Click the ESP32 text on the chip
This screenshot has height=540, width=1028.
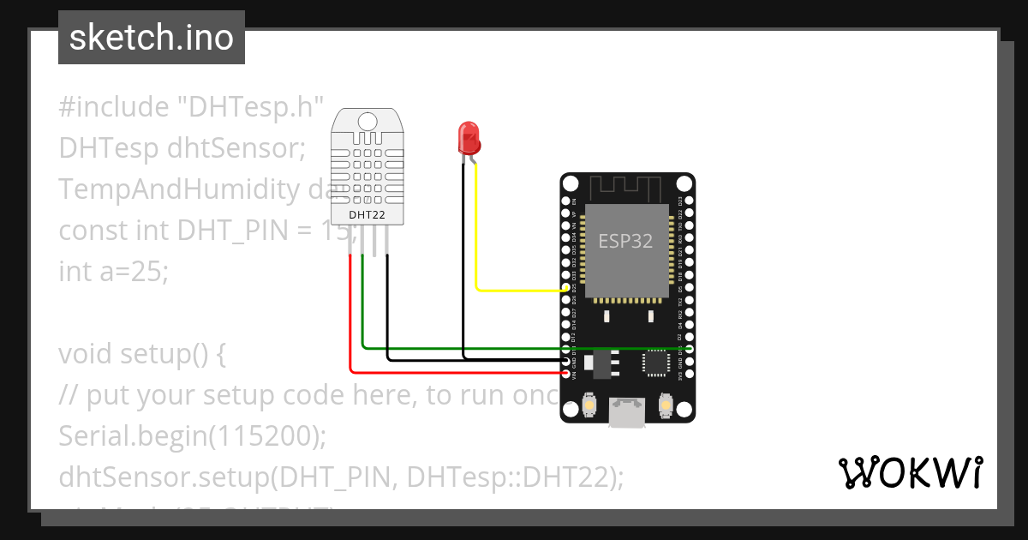click(625, 241)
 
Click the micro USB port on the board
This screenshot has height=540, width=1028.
click(628, 412)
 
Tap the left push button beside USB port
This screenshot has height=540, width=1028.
click(589, 405)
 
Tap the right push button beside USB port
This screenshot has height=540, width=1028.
click(666, 405)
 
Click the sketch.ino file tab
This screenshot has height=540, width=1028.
click(152, 38)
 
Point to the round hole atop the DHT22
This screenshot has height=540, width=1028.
click(368, 121)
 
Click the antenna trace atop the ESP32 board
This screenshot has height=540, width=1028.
click(627, 186)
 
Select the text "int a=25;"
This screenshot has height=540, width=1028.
click(114, 272)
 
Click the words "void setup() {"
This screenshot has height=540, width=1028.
click(141, 354)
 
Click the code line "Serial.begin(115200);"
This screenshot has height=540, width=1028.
click(193, 436)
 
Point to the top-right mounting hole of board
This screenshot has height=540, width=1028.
click(683, 184)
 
